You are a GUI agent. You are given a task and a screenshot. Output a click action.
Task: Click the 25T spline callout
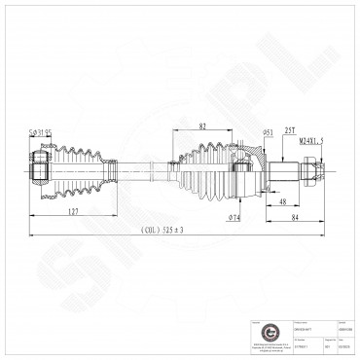289,128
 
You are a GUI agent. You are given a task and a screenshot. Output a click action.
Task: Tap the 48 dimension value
280,201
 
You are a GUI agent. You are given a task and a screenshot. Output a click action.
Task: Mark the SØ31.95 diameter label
41,133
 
